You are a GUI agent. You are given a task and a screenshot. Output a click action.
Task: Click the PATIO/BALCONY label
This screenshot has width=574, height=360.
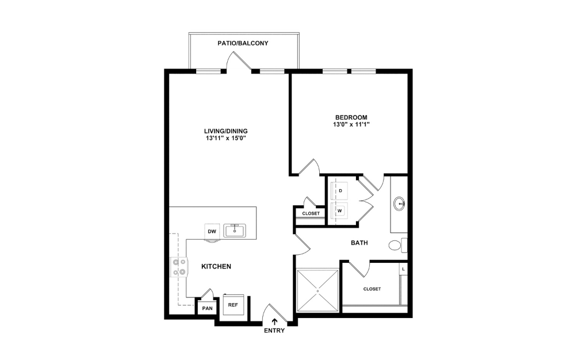point(243,43)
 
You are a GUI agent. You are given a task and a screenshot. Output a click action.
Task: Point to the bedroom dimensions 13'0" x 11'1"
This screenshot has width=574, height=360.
point(351,124)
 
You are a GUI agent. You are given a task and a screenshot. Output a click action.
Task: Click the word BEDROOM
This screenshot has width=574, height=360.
point(351,117)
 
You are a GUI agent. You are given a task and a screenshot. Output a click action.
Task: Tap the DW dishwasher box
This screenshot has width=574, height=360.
point(212,231)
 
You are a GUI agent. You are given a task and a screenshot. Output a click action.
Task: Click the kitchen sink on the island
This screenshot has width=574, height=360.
point(235,231)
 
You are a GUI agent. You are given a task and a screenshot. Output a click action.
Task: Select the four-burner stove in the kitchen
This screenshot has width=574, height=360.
point(179,267)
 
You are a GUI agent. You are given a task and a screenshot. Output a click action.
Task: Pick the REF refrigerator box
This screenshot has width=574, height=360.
point(233,305)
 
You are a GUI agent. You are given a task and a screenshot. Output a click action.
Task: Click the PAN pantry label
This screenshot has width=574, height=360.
point(206,308)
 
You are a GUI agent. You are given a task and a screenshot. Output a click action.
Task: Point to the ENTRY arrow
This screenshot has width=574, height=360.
point(274,321)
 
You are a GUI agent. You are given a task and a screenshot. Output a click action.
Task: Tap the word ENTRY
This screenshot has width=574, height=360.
point(274,331)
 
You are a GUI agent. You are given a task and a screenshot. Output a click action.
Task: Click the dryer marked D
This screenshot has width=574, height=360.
point(340,190)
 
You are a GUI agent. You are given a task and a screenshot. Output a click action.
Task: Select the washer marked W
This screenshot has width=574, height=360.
point(340,210)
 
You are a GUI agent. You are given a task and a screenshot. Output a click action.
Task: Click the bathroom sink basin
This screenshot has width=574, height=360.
point(399,203)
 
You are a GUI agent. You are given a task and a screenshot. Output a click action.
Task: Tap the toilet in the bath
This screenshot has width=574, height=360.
point(396,246)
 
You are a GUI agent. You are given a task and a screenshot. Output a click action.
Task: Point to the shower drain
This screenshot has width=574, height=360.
point(317,292)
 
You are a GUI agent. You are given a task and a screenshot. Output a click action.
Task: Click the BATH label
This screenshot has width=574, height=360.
point(359,243)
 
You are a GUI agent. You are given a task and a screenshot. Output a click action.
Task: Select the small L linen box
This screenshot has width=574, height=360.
point(403,269)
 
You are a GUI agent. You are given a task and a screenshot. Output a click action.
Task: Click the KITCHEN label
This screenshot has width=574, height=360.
point(216,267)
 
